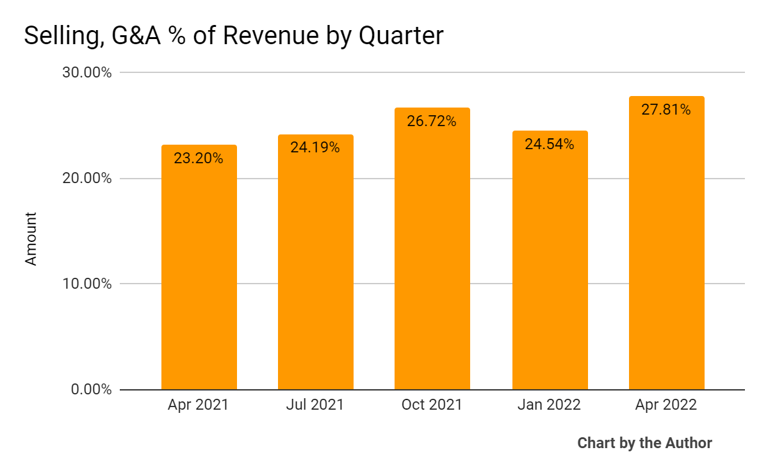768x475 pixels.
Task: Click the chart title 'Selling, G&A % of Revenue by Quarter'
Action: point(233,36)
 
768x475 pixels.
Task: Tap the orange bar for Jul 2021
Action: point(315,269)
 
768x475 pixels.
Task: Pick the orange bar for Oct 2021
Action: point(432,256)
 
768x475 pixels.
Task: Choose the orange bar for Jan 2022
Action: point(550,269)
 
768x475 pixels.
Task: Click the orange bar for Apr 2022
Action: point(666,250)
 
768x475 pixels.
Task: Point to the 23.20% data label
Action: point(199,158)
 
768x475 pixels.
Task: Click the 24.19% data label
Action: point(315,148)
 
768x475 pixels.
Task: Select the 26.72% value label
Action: point(432,121)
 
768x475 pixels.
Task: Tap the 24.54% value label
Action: point(550,144)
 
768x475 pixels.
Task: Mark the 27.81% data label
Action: point(666,110)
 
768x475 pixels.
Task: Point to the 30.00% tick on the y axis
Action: point(87,72)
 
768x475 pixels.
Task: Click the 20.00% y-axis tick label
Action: point(87,178)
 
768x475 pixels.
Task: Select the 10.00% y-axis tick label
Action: point(87,284)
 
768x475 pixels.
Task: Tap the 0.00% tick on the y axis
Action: point(90,389)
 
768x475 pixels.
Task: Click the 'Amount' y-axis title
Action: point(31,239)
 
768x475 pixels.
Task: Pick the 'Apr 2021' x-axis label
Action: point(198,405)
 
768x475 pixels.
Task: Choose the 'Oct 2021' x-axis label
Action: point(432,405)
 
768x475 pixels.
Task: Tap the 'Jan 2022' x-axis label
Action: point(550,405)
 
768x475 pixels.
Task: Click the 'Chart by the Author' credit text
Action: point(644,443)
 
